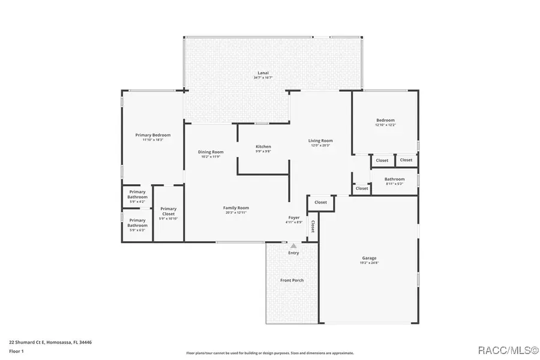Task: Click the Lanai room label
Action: click(x=263, y=73)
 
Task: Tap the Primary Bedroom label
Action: click(x=153, y=135)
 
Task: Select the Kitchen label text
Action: click(x=263, y=146)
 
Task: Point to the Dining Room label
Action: click(x=211, y=152)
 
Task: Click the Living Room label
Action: click(x=321, y=141)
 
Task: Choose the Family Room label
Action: click(x=236, y=208)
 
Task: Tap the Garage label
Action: click(x=369, y=257)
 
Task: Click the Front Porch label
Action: click(x=292, y=280)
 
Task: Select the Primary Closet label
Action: click(x=168, y=211)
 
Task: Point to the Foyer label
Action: click(x=294, y=218)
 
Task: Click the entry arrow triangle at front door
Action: click(x=293, y=245)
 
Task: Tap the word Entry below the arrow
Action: click(x=293, y=253)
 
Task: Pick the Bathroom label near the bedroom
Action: click(x=395, y=179)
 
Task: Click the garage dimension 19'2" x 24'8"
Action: click(x=369, y=262)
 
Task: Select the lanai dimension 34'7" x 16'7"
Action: click(x=263, y=77)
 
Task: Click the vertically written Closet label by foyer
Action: click(x=313, y=227)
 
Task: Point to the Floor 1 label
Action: click(x=16, y=350)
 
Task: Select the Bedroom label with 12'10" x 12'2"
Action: click(x=385, y=120)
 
